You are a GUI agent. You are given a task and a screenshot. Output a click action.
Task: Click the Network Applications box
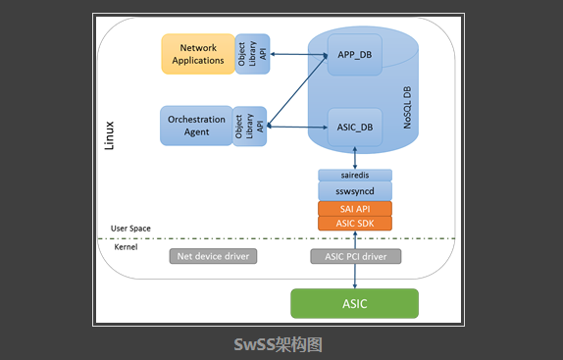tap(197, 54)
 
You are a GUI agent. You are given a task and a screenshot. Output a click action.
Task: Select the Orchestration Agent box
tap(196, 127)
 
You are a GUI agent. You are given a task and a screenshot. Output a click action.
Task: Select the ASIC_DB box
tap(354, 126)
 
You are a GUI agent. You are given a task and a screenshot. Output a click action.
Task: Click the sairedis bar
tap(354, 175)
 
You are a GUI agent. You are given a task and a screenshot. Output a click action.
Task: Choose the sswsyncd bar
tap(354, 190)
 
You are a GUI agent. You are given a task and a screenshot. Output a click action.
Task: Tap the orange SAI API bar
tap(354, 208)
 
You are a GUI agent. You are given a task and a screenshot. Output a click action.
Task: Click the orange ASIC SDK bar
tap(354, 224)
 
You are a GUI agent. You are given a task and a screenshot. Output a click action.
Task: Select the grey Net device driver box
tap(213, 257)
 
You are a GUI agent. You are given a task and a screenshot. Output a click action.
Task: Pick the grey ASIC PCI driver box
tap(355, 257)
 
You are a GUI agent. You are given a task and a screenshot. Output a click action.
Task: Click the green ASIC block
tap(354, 303)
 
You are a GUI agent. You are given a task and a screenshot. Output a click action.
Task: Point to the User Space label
tap(130, 228)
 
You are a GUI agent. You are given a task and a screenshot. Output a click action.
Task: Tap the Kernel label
tap(126, 247)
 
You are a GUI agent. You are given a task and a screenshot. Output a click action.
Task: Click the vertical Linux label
tap(109, 135)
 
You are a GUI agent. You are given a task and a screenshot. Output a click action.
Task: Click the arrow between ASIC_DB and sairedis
tap(354, 157)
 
